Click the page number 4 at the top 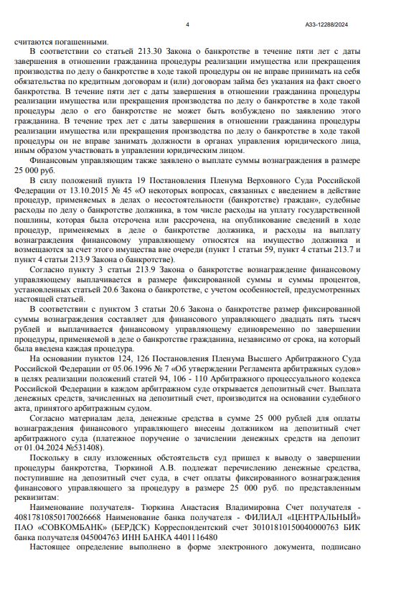pos(187,25)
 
